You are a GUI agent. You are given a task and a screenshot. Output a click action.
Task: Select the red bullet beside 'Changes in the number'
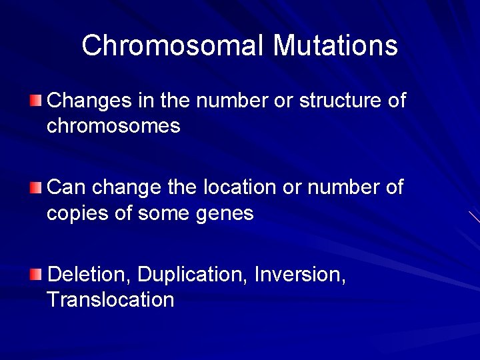coord(35,101)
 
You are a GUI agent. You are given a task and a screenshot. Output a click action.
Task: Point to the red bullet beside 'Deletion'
coord(35,275)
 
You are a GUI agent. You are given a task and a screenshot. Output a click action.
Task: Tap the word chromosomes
coord(113,126)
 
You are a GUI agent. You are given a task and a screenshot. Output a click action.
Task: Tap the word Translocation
coord(111,299)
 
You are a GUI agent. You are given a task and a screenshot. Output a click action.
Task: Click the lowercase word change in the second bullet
coord(127,188)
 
